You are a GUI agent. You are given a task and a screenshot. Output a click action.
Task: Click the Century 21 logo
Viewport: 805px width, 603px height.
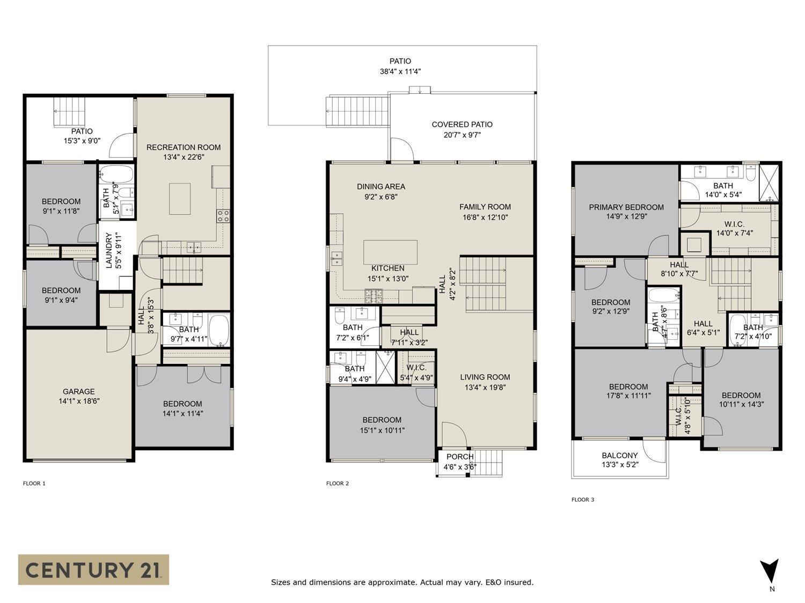pyautogui.click(x=93, y=569)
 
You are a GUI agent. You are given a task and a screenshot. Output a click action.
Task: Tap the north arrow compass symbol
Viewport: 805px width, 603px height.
pyautogui.click(x=770, y=571)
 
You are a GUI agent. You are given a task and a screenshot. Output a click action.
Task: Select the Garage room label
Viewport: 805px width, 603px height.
pyautogui.click(x=78, y=391)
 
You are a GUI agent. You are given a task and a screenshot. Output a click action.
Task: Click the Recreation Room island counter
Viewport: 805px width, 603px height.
pyautogui.click(x=180, y=199)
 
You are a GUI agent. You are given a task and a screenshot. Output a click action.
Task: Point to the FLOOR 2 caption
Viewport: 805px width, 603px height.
pyautogui.click(x=338, y=483)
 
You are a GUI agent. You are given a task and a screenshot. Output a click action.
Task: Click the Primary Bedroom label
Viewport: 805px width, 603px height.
pyautogui.click(x=626, y=207)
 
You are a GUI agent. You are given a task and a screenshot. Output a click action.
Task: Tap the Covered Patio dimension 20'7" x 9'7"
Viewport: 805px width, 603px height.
pyautogui.click(x=462, y=135)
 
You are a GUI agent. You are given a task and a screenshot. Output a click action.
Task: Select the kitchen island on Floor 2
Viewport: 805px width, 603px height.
pyautogui.click(x=390, y=252)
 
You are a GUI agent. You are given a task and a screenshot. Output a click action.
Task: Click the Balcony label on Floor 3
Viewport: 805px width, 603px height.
pyautogui.click(x=620, y=456)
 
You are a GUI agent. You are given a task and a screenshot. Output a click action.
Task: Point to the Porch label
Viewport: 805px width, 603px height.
pyautogui.click(x=460, y=457)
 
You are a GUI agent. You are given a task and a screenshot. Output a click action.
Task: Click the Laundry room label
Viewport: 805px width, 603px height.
pyautogui.click(x=109, y=250)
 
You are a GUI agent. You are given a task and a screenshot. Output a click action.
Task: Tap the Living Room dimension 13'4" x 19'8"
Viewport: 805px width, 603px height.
pyautogui.click(x=485, y=387)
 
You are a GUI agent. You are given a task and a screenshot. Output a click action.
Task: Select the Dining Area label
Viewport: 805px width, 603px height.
pyautogui.click(x=381, y=187)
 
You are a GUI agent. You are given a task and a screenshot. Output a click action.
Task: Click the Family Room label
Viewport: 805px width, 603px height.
pyautogui.click(x=485, y=207)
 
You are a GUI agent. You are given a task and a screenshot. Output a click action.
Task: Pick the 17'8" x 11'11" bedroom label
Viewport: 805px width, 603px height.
pyautogui.click(x=628, y=386)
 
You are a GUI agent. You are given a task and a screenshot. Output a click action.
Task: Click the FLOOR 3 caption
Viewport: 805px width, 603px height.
pyautogui.click(x=583, y=500)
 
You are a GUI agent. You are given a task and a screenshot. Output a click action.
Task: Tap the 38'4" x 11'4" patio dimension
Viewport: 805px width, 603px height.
pyautogui.click(x=400, y=71)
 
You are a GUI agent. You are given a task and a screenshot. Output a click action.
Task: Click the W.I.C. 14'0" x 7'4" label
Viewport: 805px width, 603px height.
pyautogui.click(x=734, y=224)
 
